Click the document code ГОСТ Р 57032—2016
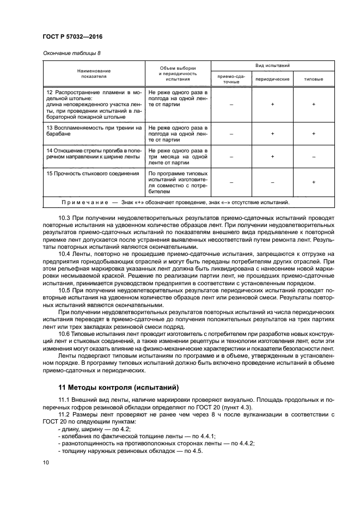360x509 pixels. point(72,37)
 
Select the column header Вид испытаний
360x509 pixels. point(272,65)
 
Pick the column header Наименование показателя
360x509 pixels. point(94,74)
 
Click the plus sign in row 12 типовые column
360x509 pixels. point(314,104)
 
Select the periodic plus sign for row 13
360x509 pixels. point(272,133)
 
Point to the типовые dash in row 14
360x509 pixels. point(314,157)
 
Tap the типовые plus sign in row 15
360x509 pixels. point(314,182)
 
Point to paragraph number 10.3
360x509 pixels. point(65,218)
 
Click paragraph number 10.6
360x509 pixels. point(65,333)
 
